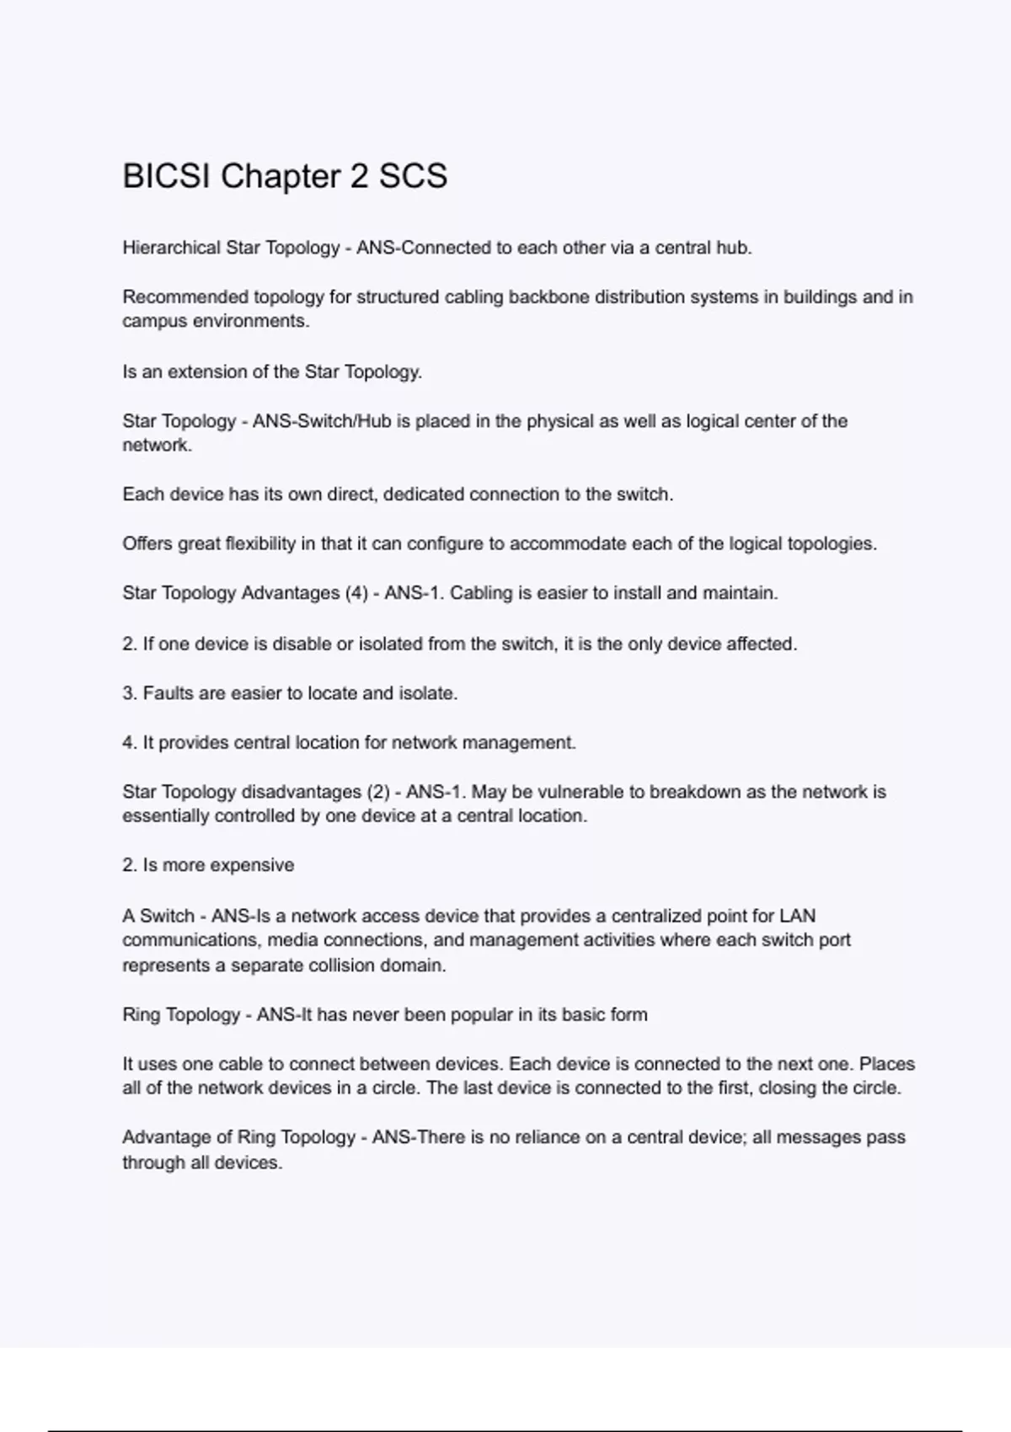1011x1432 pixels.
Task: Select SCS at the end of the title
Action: coord(413,176)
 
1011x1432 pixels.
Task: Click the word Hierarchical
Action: coord(171,248)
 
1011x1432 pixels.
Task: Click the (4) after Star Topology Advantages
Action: coord(355,593)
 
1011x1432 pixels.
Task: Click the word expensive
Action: coord(252,865)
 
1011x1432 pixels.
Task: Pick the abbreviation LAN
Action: coord(798,916)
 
